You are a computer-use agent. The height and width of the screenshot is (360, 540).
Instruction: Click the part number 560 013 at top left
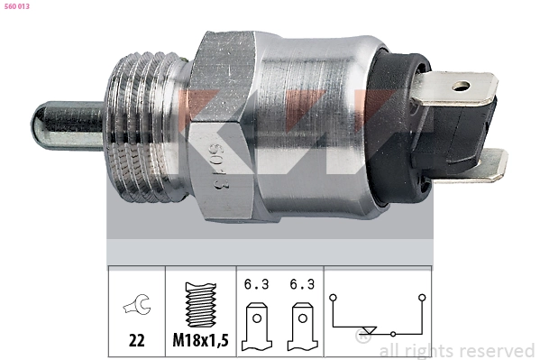(17, 6)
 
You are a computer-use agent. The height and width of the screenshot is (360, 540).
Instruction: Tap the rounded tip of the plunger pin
(36, 125)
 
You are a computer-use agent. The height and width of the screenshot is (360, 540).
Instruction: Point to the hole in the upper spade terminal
(461, 86)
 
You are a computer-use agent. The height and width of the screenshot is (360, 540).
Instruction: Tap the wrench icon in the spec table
(137, 304)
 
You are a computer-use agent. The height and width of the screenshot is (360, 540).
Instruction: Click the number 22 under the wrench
(137, 341)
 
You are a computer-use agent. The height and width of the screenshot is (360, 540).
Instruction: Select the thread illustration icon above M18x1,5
(201, 304)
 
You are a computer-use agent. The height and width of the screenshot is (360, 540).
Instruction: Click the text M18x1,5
(200, 341)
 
